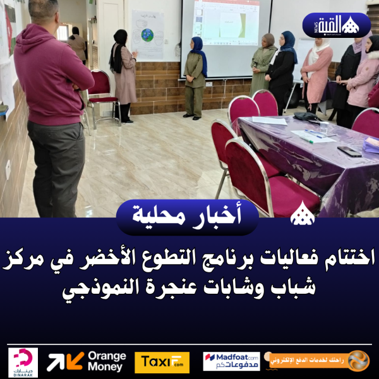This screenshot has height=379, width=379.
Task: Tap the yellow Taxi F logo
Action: point(162,362)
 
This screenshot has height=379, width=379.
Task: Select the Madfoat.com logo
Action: point(231,361)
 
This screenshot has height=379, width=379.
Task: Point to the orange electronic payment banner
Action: point(319,361)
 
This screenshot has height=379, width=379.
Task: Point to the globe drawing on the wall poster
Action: point(147,35)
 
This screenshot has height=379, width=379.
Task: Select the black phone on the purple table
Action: point(349,151)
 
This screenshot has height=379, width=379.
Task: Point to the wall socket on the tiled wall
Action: point(8,169)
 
